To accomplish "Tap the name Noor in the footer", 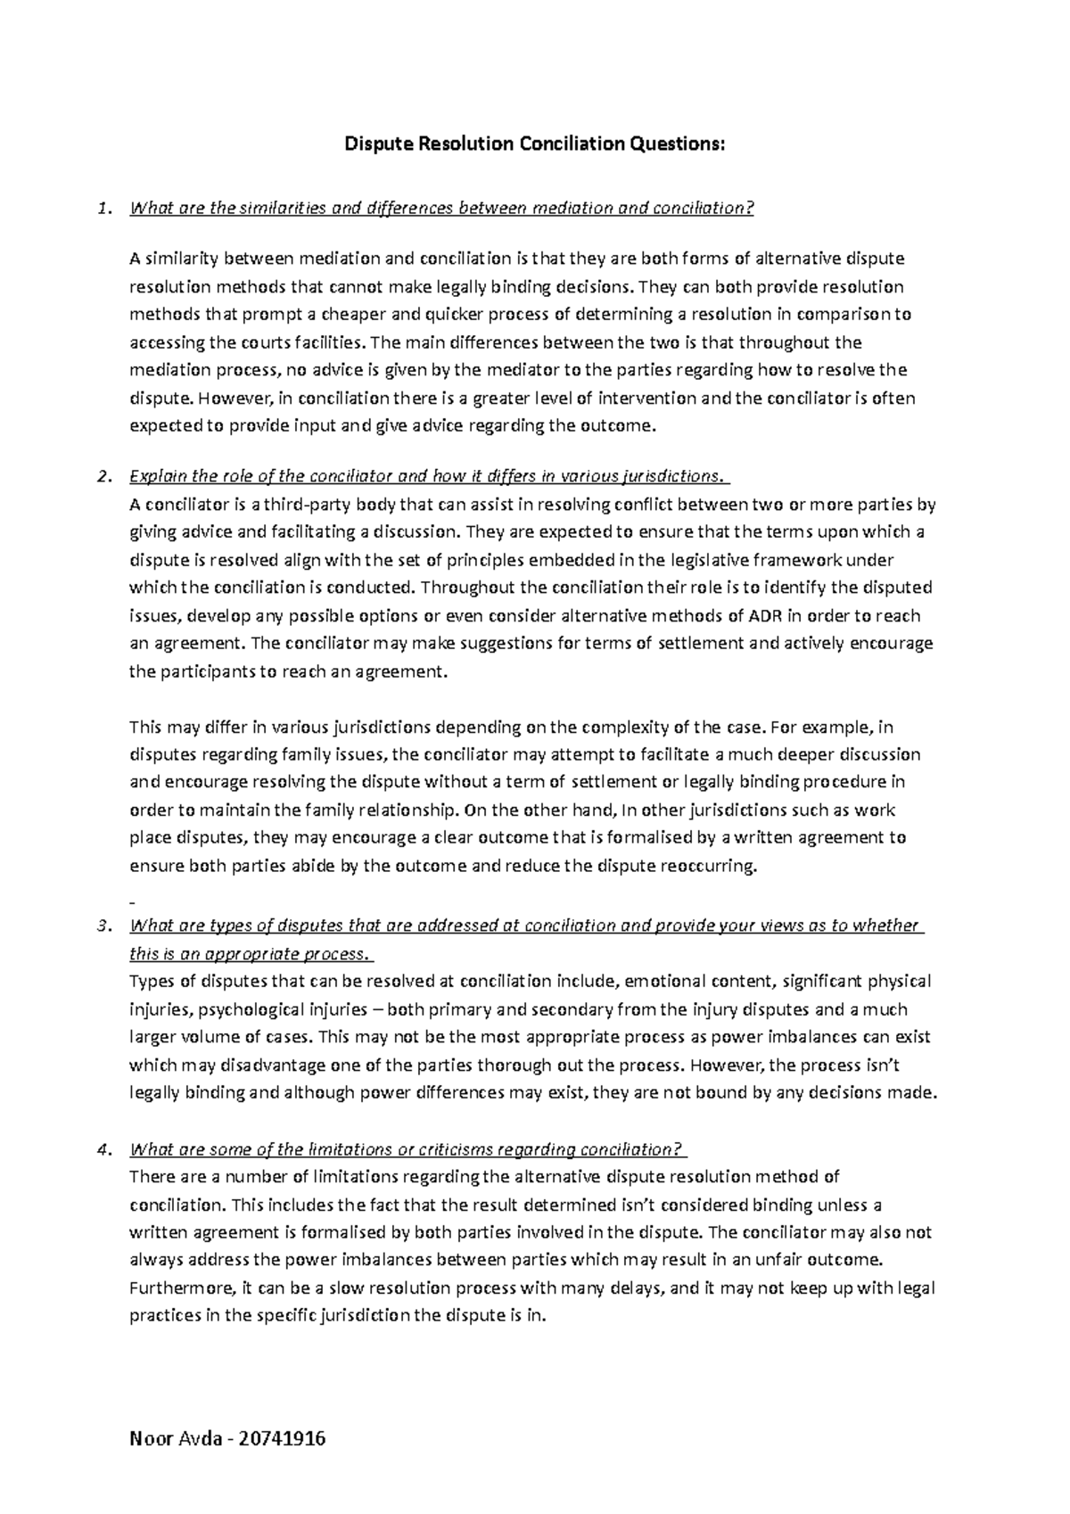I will click(x=150, y=1439).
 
